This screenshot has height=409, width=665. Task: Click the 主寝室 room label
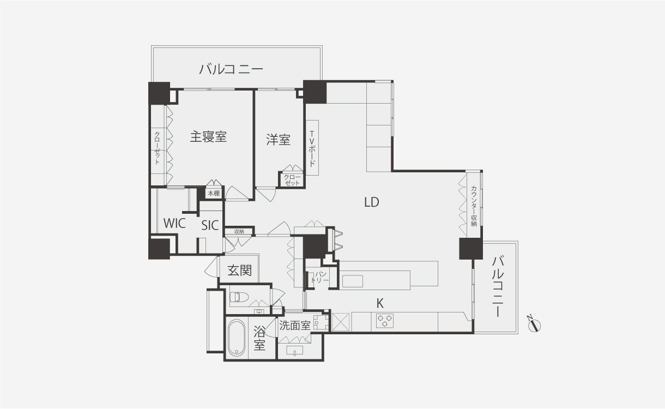point(208,137)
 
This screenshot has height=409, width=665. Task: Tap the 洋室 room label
point(278,140)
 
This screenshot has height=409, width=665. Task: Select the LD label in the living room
point(371,202)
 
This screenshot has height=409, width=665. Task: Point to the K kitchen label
point(380,302)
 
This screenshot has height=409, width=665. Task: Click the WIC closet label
point(174,223)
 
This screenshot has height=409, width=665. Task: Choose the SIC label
point(210,225)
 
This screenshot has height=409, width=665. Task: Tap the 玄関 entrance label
point(239,270)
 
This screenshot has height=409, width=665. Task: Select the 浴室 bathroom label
point(260,338)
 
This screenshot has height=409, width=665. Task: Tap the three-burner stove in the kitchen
point(385,321)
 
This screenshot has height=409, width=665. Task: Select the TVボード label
point(312,148)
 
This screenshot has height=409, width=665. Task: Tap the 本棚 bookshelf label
point(213,193)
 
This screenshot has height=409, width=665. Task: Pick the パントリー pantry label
point(319,276)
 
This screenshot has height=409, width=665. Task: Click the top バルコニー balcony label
point(231,69)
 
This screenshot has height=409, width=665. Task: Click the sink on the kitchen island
point(352,281)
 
